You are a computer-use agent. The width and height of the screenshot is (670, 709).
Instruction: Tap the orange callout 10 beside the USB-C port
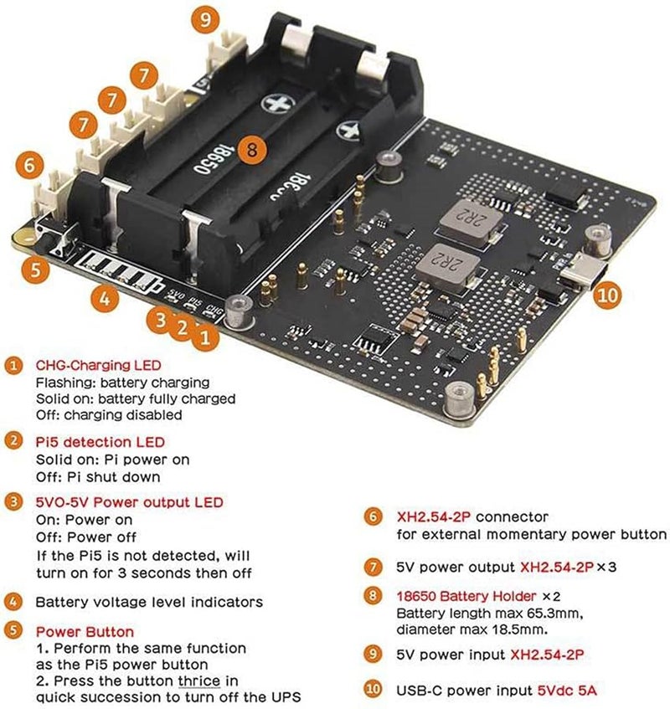tap(610, 294)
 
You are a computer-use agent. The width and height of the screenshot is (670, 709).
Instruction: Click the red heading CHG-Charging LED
tap(98, 366)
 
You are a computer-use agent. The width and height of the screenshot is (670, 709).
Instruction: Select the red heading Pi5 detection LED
tap(100, 441)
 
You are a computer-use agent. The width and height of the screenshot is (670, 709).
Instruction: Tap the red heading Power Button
tap(84, 631)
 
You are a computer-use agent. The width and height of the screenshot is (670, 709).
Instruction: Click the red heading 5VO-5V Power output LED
tap(129, 502)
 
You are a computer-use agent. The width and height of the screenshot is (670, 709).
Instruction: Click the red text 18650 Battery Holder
tap(466, 597)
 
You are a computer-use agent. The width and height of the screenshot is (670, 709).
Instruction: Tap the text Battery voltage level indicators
tap(149, 602)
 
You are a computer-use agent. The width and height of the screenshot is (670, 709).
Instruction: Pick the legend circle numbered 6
tap(371, 518)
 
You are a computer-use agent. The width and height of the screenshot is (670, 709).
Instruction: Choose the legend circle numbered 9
tap(371, 655)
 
